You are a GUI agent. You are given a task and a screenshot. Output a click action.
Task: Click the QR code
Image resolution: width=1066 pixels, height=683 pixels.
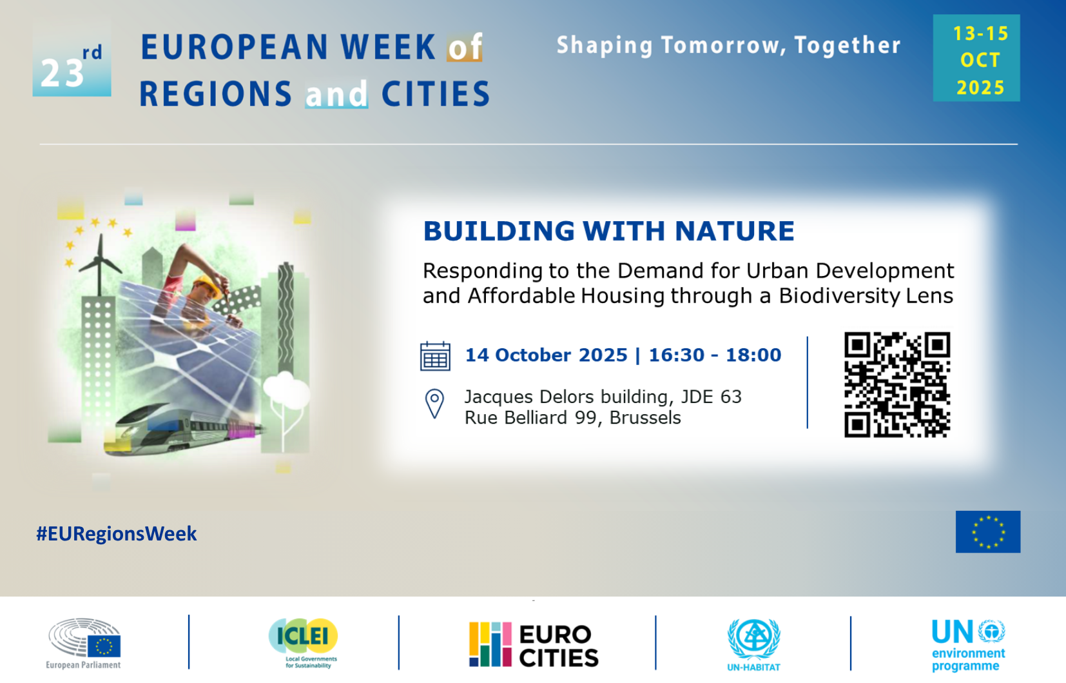[897, 384]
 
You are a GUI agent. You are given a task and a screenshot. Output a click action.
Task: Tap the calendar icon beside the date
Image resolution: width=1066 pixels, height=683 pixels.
[435, 356]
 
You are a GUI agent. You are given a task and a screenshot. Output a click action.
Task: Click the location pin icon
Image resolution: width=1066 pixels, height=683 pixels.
[434, 404]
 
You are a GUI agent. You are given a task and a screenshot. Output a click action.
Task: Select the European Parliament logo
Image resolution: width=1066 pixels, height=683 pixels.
[84, 644]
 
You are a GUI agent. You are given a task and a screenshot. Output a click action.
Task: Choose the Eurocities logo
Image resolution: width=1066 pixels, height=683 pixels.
[534, 644]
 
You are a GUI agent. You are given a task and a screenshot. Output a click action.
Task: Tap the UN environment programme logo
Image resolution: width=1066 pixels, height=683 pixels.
[968, 646]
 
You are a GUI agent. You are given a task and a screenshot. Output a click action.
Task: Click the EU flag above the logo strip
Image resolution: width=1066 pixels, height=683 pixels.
[988, 531]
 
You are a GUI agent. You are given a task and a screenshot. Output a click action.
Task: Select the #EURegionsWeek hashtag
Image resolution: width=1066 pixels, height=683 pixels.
[117, 533]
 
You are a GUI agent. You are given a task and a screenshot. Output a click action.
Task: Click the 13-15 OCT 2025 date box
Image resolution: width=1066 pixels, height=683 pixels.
[976, 57]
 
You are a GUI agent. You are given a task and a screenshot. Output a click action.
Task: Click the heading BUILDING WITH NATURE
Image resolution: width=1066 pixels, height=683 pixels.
[608, 231]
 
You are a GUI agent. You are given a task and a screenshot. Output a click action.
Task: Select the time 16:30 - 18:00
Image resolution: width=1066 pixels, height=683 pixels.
[715, 355]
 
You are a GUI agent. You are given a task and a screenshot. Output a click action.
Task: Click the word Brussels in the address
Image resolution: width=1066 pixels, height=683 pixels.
[645, 418]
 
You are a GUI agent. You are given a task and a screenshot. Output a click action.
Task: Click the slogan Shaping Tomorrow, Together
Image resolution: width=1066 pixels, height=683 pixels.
[728, 45]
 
